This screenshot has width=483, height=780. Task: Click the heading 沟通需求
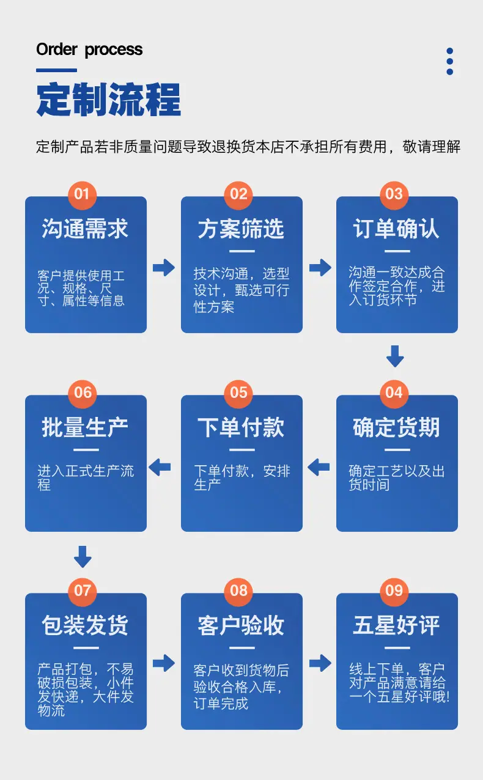tap(85, 229)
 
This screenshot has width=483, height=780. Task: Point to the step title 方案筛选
tap(241, 229)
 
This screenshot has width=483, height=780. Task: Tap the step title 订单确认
tap(396, 229)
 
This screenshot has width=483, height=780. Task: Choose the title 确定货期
tap(396, 427)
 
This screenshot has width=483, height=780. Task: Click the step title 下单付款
tap(241, 427)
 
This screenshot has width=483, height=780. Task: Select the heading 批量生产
tap(85, 427)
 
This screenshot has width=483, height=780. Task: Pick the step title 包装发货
tap(85, 625)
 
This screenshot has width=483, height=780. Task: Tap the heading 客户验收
tap(241, 625)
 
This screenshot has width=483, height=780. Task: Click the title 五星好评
tap(396, 625)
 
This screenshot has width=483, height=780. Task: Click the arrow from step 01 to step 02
tap(164, 267)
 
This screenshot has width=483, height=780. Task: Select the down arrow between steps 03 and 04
tap(395, 356)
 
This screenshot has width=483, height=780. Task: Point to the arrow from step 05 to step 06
tap(160, 467)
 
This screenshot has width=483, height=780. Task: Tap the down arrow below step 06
tap(83, 557)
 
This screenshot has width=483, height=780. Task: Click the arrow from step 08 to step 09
tap(320, 663)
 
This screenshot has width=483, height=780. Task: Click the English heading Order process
tap(89, 50)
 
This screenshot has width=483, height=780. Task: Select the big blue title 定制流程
tap(109, 100)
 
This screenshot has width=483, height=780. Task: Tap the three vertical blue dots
tap(449, 61)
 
